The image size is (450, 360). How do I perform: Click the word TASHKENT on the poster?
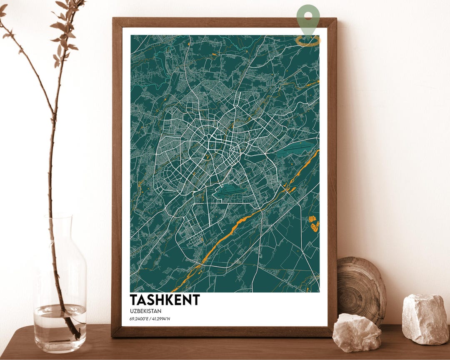[165, 300]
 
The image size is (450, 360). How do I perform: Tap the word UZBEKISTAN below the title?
[145, 311]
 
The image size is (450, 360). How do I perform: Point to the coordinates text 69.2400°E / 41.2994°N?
[150, 319]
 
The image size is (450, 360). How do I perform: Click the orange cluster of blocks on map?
[314, 224]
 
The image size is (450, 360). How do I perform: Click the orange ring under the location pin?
[308, 41]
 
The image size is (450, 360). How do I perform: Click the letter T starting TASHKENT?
[134, 300]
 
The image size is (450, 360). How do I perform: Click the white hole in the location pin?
[308, 16]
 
